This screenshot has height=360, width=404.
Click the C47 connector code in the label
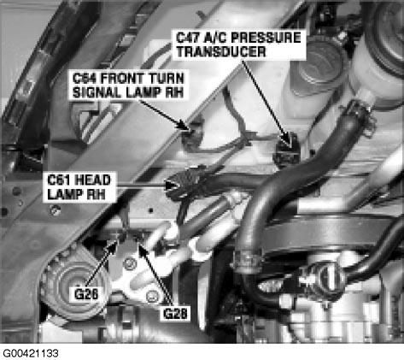pos(187,38)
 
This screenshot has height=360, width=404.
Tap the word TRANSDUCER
pos(221,52)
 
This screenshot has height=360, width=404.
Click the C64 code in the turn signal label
pos(84,79)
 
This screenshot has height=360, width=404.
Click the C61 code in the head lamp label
pos(56,180)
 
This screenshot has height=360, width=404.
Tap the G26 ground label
pos(86,294)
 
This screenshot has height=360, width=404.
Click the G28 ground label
pos(175,314)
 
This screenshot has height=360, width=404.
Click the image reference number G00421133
pos(31,353)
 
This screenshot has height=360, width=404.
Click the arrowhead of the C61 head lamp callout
pos(172,186)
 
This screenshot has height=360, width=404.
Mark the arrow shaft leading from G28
pos(156,274)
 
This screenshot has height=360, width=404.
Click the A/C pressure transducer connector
pos(287,152)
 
